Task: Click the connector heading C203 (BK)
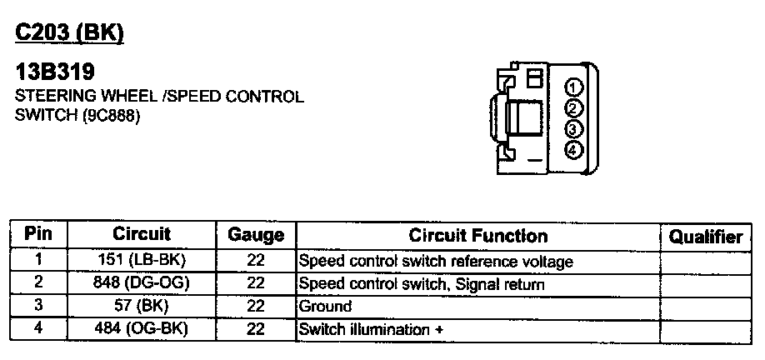pyautogui.click(x=70, y=32)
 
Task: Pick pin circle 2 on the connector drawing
pyautogui.click(x=573, y=108)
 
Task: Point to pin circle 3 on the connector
pyautogui.click(x=573, y=129)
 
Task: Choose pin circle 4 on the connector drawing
pyautogui.click(x=573, y=150)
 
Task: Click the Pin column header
pyautogui.click(x=38, y=234)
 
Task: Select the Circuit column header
pyautogui.click(x=142, y=234)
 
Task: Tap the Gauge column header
pyautogui.click(x=256, y=236)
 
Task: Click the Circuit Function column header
pyautogui.click(x=477, y=236)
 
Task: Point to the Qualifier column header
pyautogui.click(x=706, y=237)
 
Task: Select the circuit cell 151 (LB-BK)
pyautogui.click(x=142, y=260)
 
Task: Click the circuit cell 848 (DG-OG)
pyautogui.click(x=142, y=282)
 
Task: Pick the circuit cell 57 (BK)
pyautogui.click(x=142, y=305)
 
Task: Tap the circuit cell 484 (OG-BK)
pyautogui.click(x=142, y=328)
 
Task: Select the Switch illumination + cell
pyautogui.click(x=370, y=329)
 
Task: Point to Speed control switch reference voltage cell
pyautogui.click(x=435, y=261)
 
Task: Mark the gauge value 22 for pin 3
pyautogui.click(x=256, y=306)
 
